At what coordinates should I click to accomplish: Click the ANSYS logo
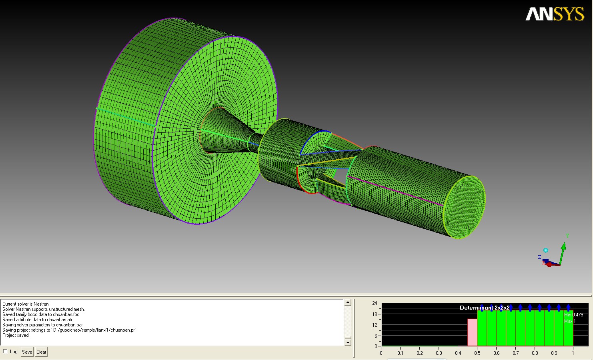tap(555, 14)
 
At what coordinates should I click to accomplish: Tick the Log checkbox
tap(5, 351)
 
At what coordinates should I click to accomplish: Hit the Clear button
tap(41, 352)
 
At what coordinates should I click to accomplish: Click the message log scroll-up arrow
tap(348, 302)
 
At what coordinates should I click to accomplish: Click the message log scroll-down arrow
tap(348, 342)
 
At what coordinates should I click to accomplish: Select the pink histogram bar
tap(472, 332)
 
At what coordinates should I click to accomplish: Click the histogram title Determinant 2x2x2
tap(485, 308)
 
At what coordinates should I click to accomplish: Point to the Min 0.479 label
tap(573, 315)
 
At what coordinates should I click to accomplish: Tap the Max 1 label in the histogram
tap(570, 321)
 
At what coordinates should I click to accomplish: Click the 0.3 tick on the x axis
tap(439, 353)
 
